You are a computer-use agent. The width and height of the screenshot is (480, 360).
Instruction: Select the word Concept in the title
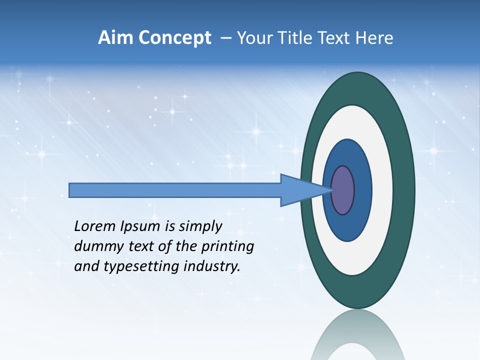175,38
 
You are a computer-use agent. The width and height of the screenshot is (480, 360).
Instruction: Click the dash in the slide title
226,38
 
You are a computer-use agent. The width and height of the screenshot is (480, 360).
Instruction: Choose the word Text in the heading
334,38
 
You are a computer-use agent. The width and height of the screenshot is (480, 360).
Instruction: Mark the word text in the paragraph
136,246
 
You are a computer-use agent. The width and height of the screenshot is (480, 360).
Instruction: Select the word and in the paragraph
86,266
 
